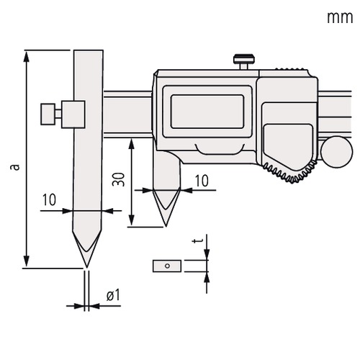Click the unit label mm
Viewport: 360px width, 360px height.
340,18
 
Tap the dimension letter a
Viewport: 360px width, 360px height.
15,167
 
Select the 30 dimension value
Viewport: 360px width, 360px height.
119,179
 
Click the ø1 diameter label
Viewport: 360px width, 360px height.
113,295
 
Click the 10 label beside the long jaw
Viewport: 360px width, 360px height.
49,199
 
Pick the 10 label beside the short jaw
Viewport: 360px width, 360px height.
202,181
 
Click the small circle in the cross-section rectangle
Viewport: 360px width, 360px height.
168,266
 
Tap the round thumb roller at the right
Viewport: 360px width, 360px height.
337,152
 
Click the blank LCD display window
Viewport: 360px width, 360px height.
207,112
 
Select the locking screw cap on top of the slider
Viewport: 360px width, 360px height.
243,58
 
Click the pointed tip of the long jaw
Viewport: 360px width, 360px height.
87,267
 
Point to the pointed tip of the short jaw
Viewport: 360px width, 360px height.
166,225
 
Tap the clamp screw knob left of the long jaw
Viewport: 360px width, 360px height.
48,114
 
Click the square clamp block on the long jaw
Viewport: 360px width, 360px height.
73,114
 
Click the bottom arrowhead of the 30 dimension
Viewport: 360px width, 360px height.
131,220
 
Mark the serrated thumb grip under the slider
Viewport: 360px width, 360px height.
291,172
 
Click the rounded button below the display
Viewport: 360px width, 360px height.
220,149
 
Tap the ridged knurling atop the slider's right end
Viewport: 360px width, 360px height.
292,68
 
